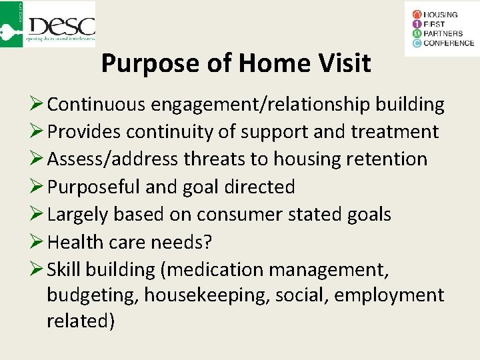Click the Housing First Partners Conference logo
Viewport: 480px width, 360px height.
(441, 28)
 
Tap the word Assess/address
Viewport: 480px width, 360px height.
(113, 159)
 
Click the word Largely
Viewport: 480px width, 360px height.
(78, 214)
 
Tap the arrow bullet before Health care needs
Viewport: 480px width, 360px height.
(37, 241)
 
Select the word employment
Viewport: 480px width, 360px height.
(389, 295)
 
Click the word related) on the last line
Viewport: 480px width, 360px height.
(81, 321)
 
